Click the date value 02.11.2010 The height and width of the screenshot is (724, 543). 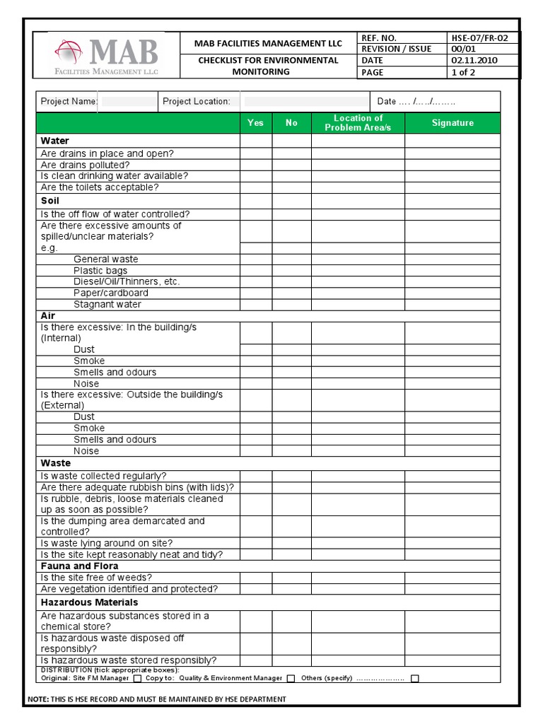click(474, 60)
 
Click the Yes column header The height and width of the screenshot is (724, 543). click(255, 123)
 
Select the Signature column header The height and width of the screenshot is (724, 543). click(452, 123)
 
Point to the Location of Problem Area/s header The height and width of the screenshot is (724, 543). click(358, 123)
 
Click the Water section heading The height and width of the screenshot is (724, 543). click(55, 141)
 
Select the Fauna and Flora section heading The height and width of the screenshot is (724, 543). click(80, 566)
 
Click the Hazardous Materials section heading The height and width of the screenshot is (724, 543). click(89, 602)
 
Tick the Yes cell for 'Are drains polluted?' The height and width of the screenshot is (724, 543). click(255, 165)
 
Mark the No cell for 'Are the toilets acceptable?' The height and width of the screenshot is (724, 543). click(291, 187)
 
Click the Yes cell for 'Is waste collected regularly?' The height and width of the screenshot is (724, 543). click(255, 476)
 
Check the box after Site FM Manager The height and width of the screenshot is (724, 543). click(135, 679)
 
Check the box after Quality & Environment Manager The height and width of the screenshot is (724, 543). click(291, 679)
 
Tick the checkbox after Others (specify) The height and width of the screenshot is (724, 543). click(415, 679)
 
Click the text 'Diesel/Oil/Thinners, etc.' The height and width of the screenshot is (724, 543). click(127, 281)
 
